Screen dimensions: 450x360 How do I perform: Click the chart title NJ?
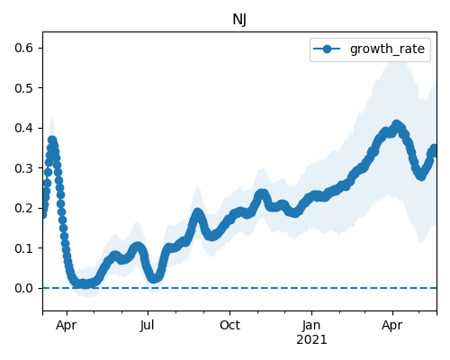pyautogui.click(x=239, y=20)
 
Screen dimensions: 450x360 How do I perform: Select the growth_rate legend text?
pyautogui.click(x=387, y=49)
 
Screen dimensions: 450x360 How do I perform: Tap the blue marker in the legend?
pyautogui.click(x=327, y=49)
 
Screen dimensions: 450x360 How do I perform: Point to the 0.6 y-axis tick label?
pyautogui.click(x=23, y=48)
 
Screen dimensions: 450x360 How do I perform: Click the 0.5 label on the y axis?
pyautogui.click(x=23, y=88)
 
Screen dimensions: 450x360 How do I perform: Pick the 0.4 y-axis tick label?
pyautogui.click(x=23, y=128)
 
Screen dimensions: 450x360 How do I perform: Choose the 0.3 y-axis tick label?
pyautogui.click(x=23, y=168)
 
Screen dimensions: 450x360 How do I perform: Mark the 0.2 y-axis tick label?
pyautogui.click(x=23, y=208)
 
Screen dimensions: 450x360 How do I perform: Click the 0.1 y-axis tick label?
pyautogui.click(x=23, y=248)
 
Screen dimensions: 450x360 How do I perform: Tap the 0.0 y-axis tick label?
pyautogui.click(x=23, y=288)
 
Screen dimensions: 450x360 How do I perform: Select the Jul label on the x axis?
pyautogui.click(x=148, y=326)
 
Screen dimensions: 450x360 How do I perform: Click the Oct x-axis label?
pyautogui.click(x=229, y=326)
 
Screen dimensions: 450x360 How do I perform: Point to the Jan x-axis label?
pyautogui.click(x=311, y=326)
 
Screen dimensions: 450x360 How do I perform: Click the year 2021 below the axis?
pyautogui.click(x=311, y=340)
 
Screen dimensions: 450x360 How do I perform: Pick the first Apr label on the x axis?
pyautogui.click(x=67, y=326)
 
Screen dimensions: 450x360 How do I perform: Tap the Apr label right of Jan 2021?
pyautogui.click(x=392, y=326)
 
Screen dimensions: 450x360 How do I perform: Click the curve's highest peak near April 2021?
pyautogui.click(x=396, y=124)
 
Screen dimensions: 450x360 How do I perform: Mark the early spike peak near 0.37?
pyautogui.click(x=52, y=140)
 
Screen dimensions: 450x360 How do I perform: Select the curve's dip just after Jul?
pyautogui.click(x=154, y=278)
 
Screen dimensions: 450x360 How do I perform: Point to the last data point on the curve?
pyautogui.click(x=435, y=149)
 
